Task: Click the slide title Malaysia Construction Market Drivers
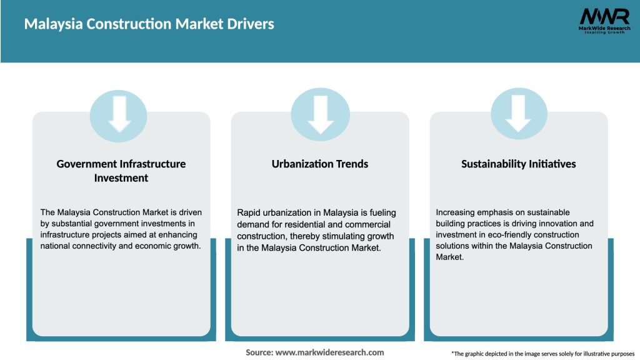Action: click(x=149, y=24)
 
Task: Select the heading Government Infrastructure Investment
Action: click(x=121, y=171)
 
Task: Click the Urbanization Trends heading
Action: click(x=320, y=164)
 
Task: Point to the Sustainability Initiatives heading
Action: click(x=519, y=164)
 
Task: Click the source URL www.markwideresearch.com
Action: click(x=329, y=352)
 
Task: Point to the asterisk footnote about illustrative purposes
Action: click(x=542, y=354)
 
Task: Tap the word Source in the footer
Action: click(x=259, y=352)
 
